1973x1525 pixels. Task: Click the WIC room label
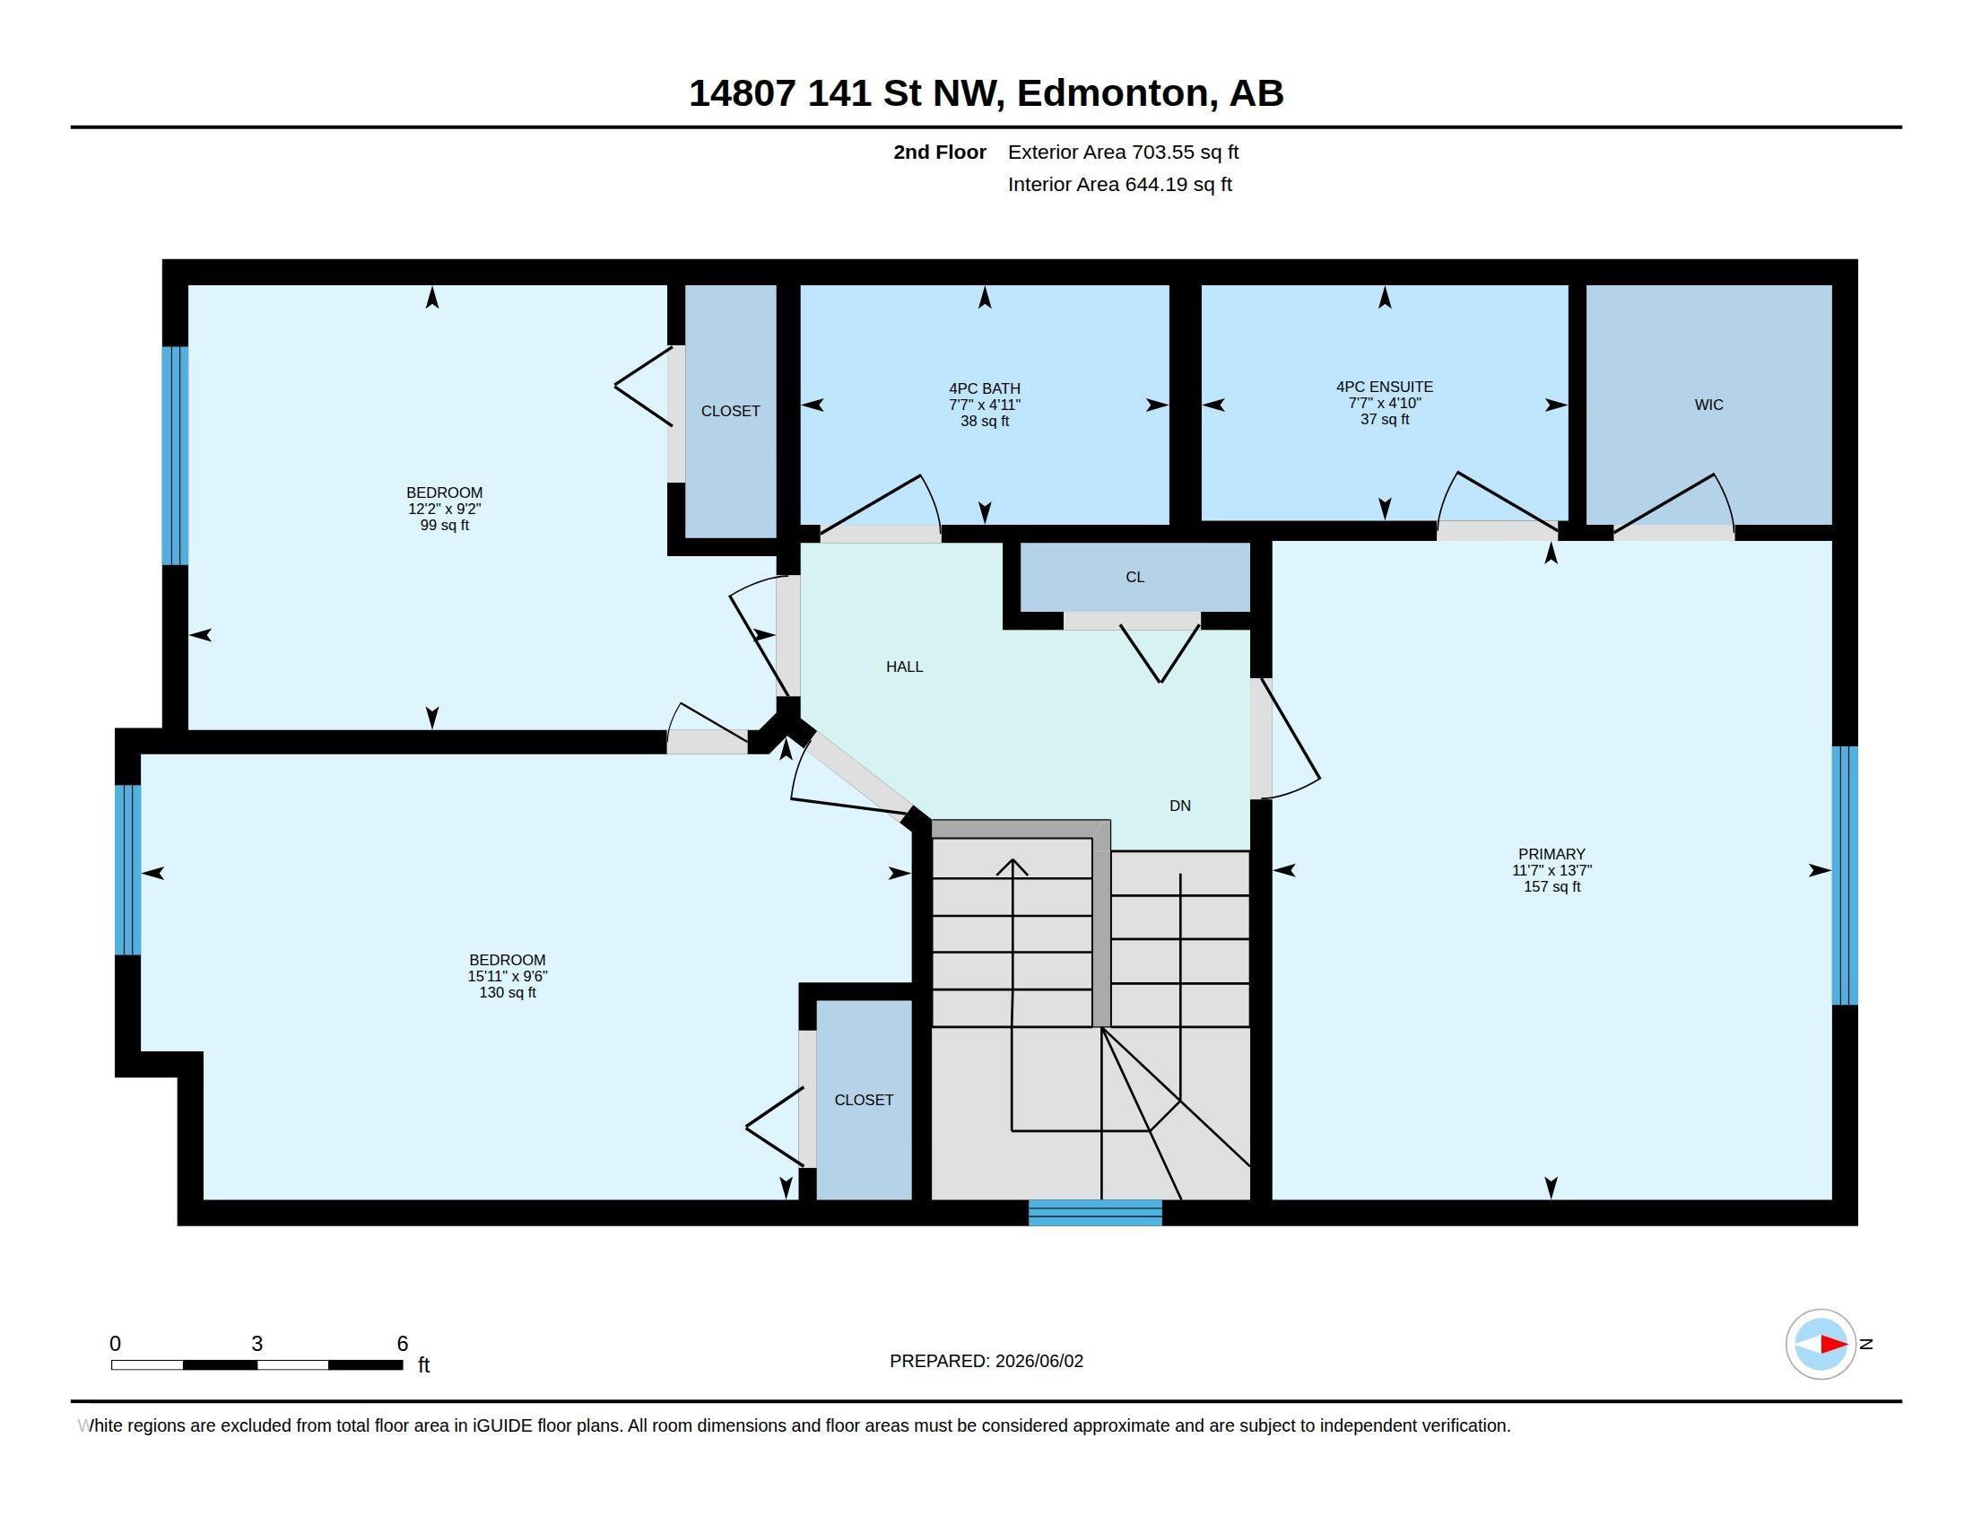[x=1708, y=405]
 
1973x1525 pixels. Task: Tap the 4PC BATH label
[x=985, y=388]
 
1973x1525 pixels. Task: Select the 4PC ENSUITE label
[x=1384, y=387]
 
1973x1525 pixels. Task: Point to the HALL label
[x=904, y=667]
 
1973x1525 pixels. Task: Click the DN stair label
[x=1180, y=806]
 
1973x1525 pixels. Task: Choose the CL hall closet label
[x=1134, y=578]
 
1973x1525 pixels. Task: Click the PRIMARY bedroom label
[x=1551, y=854]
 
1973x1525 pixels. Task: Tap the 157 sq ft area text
[x=1551, y=886]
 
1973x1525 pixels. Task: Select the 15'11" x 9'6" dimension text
[x=507, y=976]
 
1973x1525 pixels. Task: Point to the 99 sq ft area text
[x=444, y=525]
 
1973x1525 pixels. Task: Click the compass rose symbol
[x=1821, y=1345]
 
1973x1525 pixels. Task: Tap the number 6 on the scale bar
[x=402, y=1344]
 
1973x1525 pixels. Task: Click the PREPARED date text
[x=986, y=1361]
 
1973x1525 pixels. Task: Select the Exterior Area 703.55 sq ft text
[x=1123, y=152]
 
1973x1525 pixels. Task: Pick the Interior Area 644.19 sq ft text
[x=1119, y=184]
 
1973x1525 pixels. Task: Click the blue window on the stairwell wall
[x=1095, y=1213]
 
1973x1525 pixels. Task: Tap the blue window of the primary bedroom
[x=1845, y=876]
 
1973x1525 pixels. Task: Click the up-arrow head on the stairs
[x=1013, y=867]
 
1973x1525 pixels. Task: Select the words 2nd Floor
[x=940, y=152]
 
